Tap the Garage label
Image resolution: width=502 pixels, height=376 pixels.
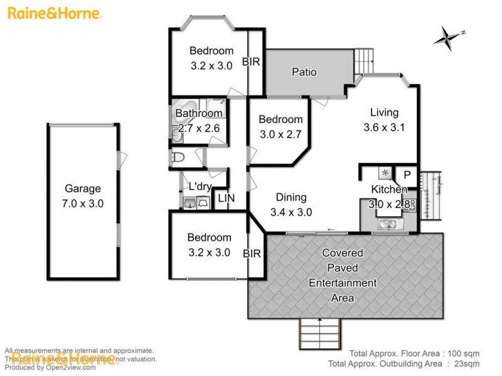pos(83,188)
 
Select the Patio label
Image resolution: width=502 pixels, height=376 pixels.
pos(304,72)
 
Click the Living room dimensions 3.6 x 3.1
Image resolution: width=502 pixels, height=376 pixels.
pos(384,127)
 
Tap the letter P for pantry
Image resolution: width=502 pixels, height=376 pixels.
pos(407,175)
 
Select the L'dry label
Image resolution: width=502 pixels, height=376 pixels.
pos(200,187)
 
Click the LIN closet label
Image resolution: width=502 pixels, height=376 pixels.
pos(225,198)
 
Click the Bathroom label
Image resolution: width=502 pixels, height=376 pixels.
pos(199,113)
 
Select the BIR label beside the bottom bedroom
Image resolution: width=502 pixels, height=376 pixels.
pos(252,254)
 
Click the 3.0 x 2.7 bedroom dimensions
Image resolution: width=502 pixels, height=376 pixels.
pos(281,133)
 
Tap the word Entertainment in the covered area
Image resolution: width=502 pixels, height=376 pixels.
pos(343,283)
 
